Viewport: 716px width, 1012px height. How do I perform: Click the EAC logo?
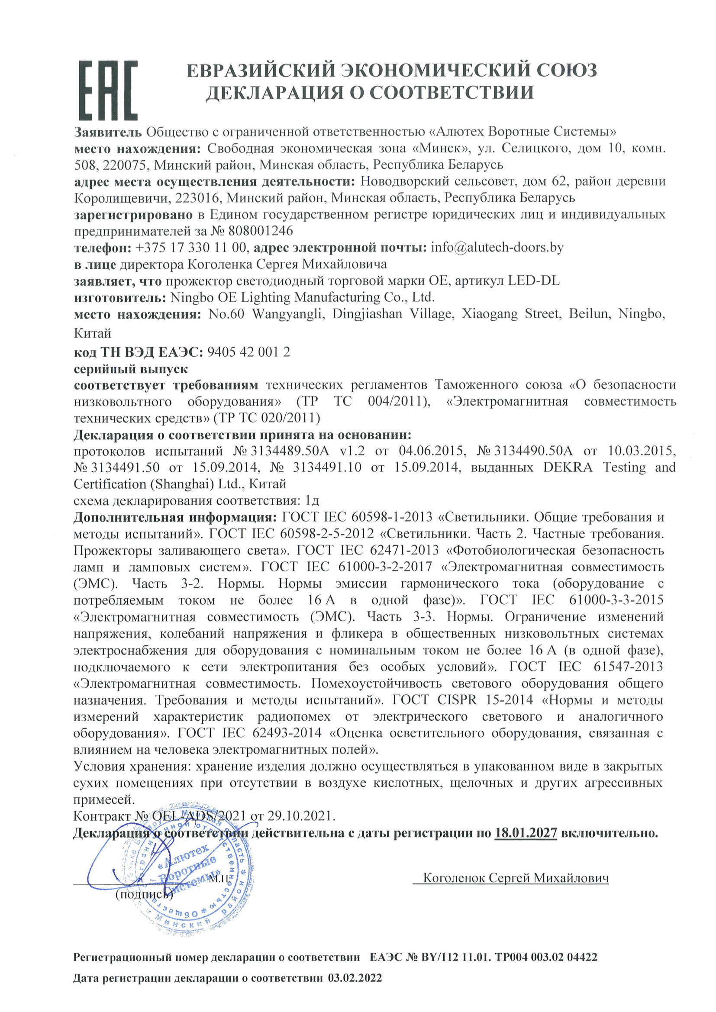108,90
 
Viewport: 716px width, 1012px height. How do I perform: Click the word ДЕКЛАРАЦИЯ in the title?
284,93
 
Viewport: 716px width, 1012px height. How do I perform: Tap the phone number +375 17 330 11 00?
191,247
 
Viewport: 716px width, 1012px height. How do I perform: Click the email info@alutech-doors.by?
497,247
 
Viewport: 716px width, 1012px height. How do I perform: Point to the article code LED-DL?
533,280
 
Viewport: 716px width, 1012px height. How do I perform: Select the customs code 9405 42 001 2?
248,352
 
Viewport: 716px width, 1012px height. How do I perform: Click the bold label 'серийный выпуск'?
131,368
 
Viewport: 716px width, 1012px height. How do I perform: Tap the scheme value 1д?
312,501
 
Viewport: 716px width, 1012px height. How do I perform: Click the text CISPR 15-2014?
485,700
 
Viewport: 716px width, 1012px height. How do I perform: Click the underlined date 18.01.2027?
526,833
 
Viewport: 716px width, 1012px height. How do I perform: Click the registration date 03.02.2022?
355,990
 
